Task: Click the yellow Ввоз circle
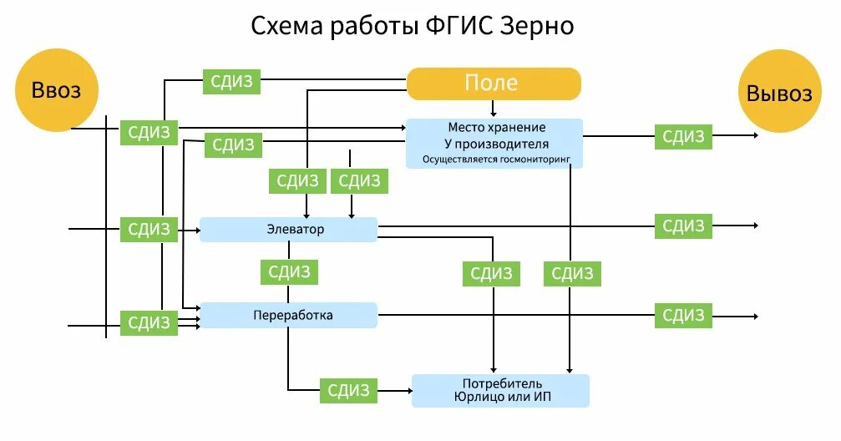[x=57, y=90]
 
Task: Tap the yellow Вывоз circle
[x=778, y=92]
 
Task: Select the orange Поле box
[x=493, y=83]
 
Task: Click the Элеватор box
[x=288, y=229]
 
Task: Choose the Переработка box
[x=288, y=315]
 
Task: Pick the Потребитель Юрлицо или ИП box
[x=499, y=390]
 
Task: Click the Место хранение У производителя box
[x=494, y=143]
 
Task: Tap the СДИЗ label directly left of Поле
[x=232, y=82]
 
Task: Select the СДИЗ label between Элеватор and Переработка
[x=289, y=272]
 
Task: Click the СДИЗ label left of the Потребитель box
[x=348, y=389]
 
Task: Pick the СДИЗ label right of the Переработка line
[x=683, y=315]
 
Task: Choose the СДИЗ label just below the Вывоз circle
[x=683, y=136]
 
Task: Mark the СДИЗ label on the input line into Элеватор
[x=149, y=229]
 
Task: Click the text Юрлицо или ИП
[x=499, y=396]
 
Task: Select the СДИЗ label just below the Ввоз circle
[x=149, y=132]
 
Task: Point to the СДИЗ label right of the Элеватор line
[x=683, y=226]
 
